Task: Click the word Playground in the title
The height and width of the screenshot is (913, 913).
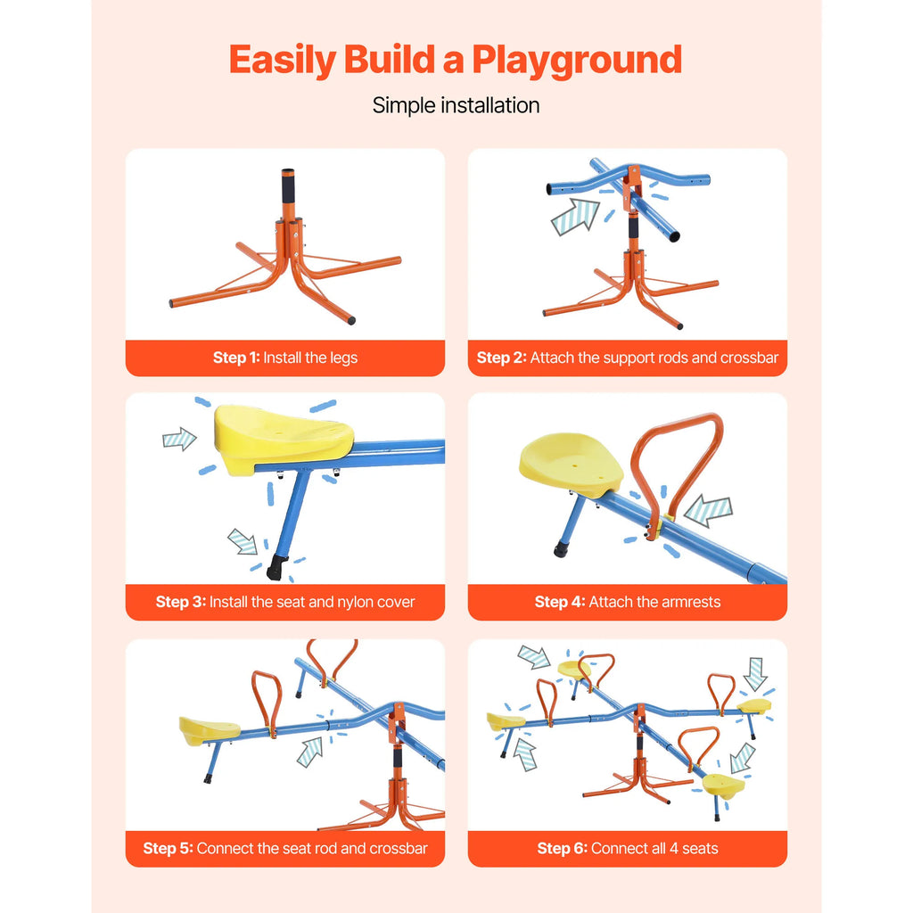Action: point(577,61)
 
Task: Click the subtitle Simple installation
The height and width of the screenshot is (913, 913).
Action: point(456,105)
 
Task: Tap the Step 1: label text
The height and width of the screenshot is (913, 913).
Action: point(236,358)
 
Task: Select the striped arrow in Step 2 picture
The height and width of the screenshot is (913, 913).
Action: point(575,217)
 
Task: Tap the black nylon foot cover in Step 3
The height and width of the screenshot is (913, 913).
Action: point(277,566)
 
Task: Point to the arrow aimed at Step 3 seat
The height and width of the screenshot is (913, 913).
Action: point(179,439)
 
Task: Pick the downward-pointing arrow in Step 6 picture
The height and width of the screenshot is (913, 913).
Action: point(755,673)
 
